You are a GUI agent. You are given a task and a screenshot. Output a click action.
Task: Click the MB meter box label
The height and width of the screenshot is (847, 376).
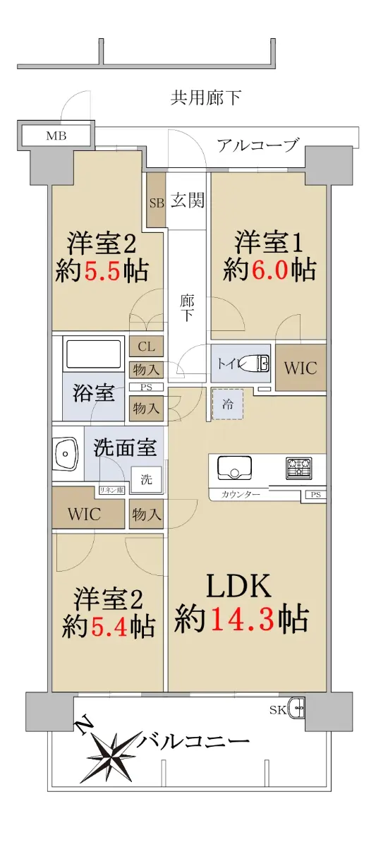(x=56, y=136)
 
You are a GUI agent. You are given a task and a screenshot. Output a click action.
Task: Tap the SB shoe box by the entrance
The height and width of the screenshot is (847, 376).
(x=156, y=200)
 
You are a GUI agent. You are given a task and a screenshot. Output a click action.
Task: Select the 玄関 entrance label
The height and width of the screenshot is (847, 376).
(x=188, y=200)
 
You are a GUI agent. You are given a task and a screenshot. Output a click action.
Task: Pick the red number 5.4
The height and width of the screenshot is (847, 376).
(x=107, y=626)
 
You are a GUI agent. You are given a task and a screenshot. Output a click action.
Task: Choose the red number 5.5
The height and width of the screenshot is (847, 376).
(x=102, y=270)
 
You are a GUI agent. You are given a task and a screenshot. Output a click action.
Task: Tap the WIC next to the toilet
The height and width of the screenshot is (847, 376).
(x=301, y=368)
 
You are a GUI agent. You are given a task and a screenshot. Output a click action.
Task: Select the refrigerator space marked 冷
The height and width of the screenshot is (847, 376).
(x=227, y=404)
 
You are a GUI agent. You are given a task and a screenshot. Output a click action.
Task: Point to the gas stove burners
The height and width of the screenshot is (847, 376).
(x=299, y=467)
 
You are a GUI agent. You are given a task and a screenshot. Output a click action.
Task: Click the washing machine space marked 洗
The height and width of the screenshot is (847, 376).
(x=146, y=479)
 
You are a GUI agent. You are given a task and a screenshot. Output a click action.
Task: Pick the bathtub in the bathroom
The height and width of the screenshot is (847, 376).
(x=94, y=354)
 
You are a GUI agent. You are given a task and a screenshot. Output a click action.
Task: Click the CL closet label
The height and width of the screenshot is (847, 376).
(x=147, y=347)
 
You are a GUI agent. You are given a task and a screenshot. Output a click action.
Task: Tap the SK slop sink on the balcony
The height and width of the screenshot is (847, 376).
(x=296, y=709)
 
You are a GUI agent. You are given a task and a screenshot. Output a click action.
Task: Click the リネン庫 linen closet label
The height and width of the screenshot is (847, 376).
(x=111, y=490)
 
